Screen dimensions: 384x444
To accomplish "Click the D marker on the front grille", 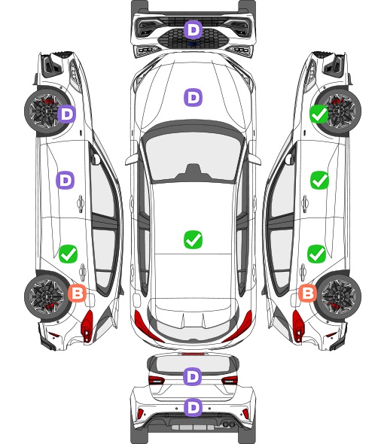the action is point(193,29).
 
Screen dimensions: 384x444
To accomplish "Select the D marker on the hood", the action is point(193,97).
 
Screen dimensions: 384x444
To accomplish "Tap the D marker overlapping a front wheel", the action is point(66,114).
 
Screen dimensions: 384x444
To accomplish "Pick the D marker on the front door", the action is point(66,180).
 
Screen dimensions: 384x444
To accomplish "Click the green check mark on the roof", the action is point(193,240).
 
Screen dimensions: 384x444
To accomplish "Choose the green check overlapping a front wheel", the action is point(319,114).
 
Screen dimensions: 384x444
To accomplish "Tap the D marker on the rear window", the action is point(193,376).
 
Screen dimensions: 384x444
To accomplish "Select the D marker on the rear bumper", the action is point(193,407).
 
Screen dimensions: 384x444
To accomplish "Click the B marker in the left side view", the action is point(77,293).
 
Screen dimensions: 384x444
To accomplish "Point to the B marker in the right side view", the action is point(308,293).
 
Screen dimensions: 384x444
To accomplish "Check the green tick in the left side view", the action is point(68,254).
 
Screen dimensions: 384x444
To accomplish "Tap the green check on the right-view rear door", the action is point(317,254).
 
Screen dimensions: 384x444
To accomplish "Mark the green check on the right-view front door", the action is point(320,180).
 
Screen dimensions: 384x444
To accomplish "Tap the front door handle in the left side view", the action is point(81,203).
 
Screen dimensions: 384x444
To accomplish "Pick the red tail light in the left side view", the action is point(87,326).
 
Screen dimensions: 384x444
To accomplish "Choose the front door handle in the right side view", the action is point(305,203).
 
